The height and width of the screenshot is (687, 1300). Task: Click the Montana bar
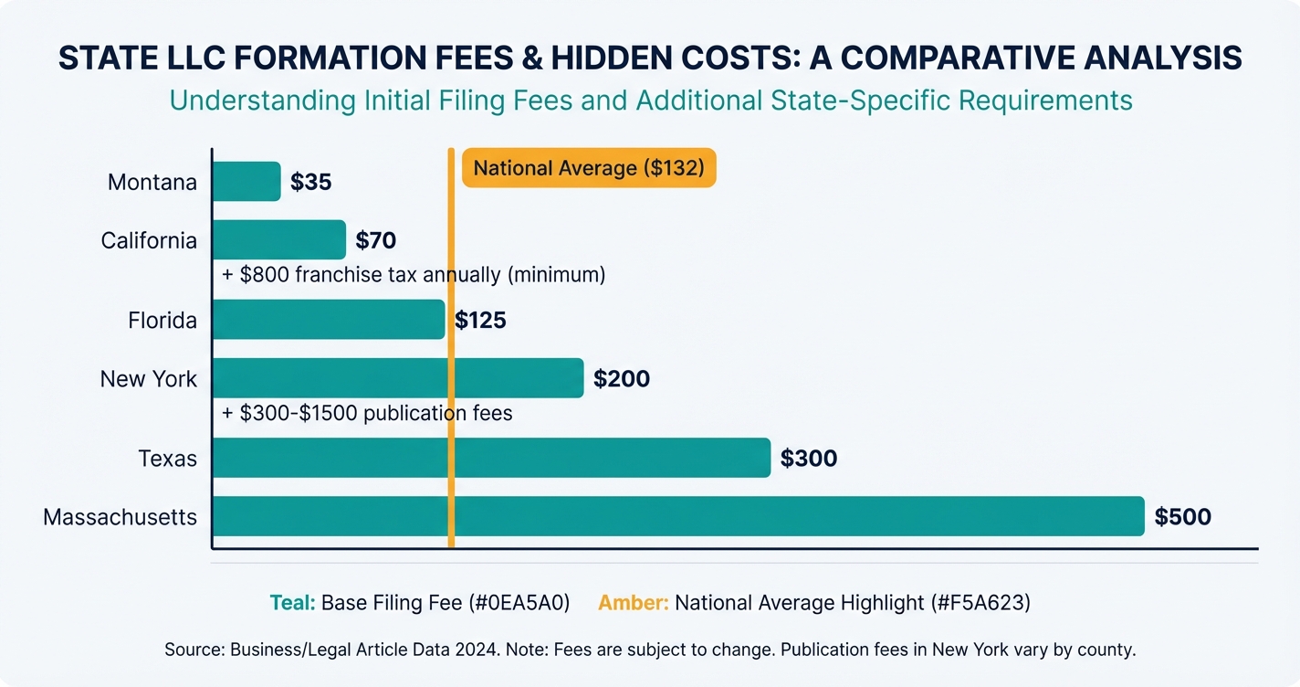246,182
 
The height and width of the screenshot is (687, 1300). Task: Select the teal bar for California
278,240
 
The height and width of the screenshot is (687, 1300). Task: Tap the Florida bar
329,320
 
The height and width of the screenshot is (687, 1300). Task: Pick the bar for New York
397,378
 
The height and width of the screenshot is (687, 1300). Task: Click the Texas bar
491,458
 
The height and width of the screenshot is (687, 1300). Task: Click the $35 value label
310,182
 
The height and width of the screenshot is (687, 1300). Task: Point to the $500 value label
1182,517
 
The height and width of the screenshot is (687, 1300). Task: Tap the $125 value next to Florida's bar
480,321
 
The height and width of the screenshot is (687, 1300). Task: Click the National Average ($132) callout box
589,168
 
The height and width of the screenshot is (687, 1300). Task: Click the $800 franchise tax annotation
414,274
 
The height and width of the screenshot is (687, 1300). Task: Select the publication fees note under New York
367,413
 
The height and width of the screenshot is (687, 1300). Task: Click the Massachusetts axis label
120,517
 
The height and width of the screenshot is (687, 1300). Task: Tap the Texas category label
167,458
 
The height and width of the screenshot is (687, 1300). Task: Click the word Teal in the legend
292,603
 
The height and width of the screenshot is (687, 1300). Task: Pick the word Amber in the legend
633,603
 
